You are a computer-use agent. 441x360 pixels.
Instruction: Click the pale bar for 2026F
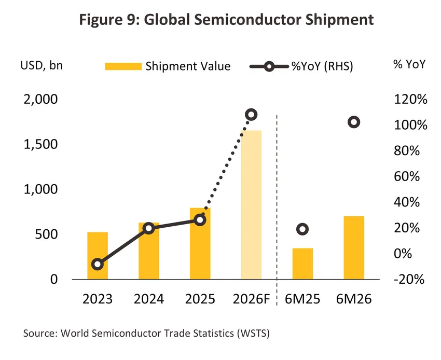(251, 205)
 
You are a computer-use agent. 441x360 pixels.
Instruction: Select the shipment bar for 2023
(98, 255)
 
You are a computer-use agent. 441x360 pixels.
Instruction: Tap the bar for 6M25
(302, 264)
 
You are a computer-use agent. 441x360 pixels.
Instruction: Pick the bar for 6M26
(354, 247)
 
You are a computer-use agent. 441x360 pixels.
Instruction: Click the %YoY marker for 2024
(149, 228)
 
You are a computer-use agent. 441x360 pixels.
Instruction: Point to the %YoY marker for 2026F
(251, 115)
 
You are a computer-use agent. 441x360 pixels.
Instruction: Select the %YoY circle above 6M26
(354, 122)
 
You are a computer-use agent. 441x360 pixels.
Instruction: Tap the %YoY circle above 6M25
(302, 229)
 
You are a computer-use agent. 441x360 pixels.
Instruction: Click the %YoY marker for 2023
(98, 264)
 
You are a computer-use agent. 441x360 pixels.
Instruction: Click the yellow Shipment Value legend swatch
(123, 66)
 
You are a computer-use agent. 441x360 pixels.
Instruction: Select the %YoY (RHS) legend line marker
(269, 66)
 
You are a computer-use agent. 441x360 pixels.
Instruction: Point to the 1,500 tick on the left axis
(40, 144)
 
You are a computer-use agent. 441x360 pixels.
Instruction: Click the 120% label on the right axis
(410, 99)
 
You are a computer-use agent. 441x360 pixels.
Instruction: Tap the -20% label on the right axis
(409, 279)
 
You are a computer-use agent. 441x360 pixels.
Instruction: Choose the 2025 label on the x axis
(200, 299)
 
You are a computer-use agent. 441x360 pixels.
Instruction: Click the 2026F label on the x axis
(251, 299)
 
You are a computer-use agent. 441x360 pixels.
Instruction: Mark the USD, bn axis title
(42, 65)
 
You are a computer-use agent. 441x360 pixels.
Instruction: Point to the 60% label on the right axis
(407, 176)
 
